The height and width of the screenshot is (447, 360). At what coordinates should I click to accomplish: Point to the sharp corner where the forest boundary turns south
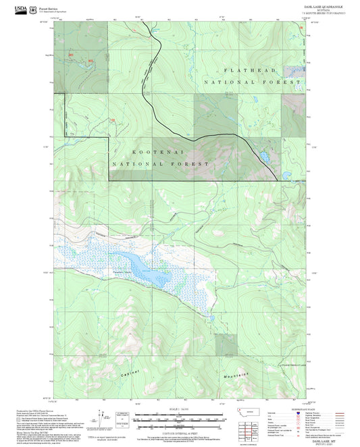(109, 137)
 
